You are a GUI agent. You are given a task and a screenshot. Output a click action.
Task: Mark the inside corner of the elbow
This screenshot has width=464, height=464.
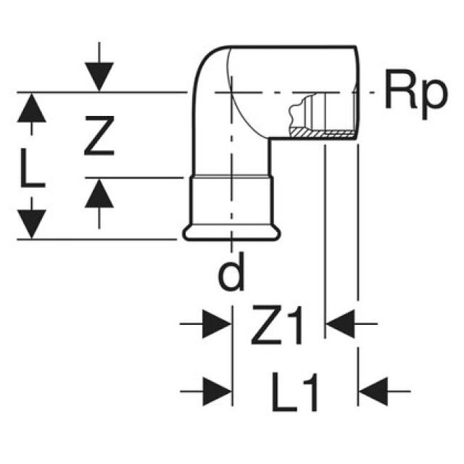coord(270,139)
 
